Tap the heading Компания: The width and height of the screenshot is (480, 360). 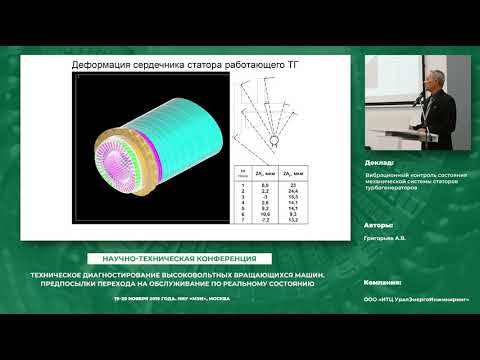(383, 284)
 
